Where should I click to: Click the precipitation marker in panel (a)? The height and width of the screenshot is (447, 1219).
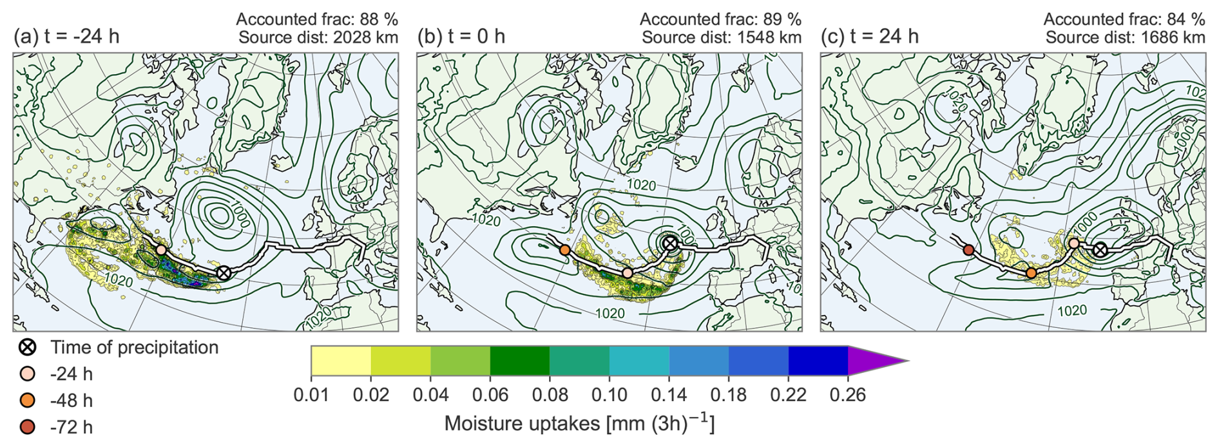point(224,272)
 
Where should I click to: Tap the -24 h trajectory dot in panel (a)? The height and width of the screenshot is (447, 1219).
point(162,249)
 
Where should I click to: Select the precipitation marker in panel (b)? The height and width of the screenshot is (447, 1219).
point(670,243)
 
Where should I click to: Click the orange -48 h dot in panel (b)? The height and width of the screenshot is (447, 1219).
point(565,250)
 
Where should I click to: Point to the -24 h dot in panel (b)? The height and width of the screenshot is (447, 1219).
point(628,273)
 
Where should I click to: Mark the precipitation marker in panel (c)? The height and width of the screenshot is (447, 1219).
point(1100,249)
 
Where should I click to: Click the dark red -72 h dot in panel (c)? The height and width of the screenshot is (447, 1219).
point(968,250)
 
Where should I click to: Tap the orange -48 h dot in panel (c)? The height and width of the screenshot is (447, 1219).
point(1031,273)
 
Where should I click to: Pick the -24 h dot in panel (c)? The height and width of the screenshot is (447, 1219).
point(1074,243)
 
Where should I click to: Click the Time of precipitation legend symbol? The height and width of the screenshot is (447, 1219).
point(28,348)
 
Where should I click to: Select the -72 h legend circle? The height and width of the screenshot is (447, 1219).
point(28,426)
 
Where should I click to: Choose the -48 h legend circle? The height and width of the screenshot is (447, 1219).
point(28,400)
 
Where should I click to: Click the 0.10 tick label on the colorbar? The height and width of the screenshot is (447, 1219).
point(609,394)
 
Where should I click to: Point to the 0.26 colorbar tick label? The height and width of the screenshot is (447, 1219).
point(847,394)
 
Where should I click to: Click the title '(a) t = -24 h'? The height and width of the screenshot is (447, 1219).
point(66,36)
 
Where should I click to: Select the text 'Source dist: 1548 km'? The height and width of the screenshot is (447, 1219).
point(722,37)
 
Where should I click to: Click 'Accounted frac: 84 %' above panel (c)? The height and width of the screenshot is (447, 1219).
point(1124,19)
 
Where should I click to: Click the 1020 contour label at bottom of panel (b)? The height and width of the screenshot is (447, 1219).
point(609,313)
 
